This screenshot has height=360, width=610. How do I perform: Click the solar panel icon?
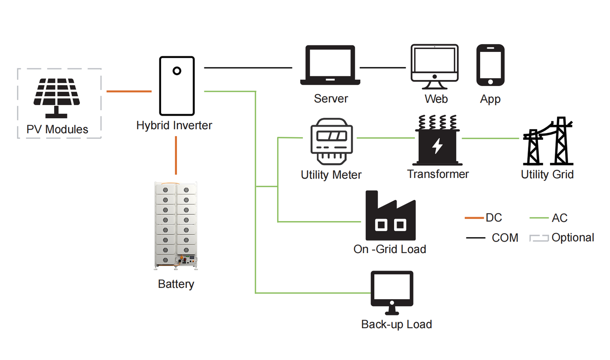57,98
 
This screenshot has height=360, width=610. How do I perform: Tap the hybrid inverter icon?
177,86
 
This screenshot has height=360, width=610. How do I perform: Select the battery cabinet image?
176,226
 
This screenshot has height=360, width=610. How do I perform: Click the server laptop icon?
330,65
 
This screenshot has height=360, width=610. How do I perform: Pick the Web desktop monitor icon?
435,67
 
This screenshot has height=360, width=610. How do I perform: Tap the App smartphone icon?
490,65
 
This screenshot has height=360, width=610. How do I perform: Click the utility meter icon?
332,141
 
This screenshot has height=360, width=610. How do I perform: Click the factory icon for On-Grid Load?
390,215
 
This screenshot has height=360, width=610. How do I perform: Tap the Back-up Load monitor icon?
392,293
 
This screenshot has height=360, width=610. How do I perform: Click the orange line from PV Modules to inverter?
129,91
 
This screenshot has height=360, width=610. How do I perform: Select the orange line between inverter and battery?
176,155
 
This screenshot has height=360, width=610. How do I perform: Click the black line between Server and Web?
383,67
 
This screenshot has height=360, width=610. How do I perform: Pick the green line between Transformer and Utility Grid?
490,138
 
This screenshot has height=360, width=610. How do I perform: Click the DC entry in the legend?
483,218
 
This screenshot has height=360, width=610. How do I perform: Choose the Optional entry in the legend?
562,238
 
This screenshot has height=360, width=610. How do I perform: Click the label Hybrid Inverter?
174,125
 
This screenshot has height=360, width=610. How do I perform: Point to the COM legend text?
505,238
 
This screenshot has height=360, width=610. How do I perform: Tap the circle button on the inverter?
177,71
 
